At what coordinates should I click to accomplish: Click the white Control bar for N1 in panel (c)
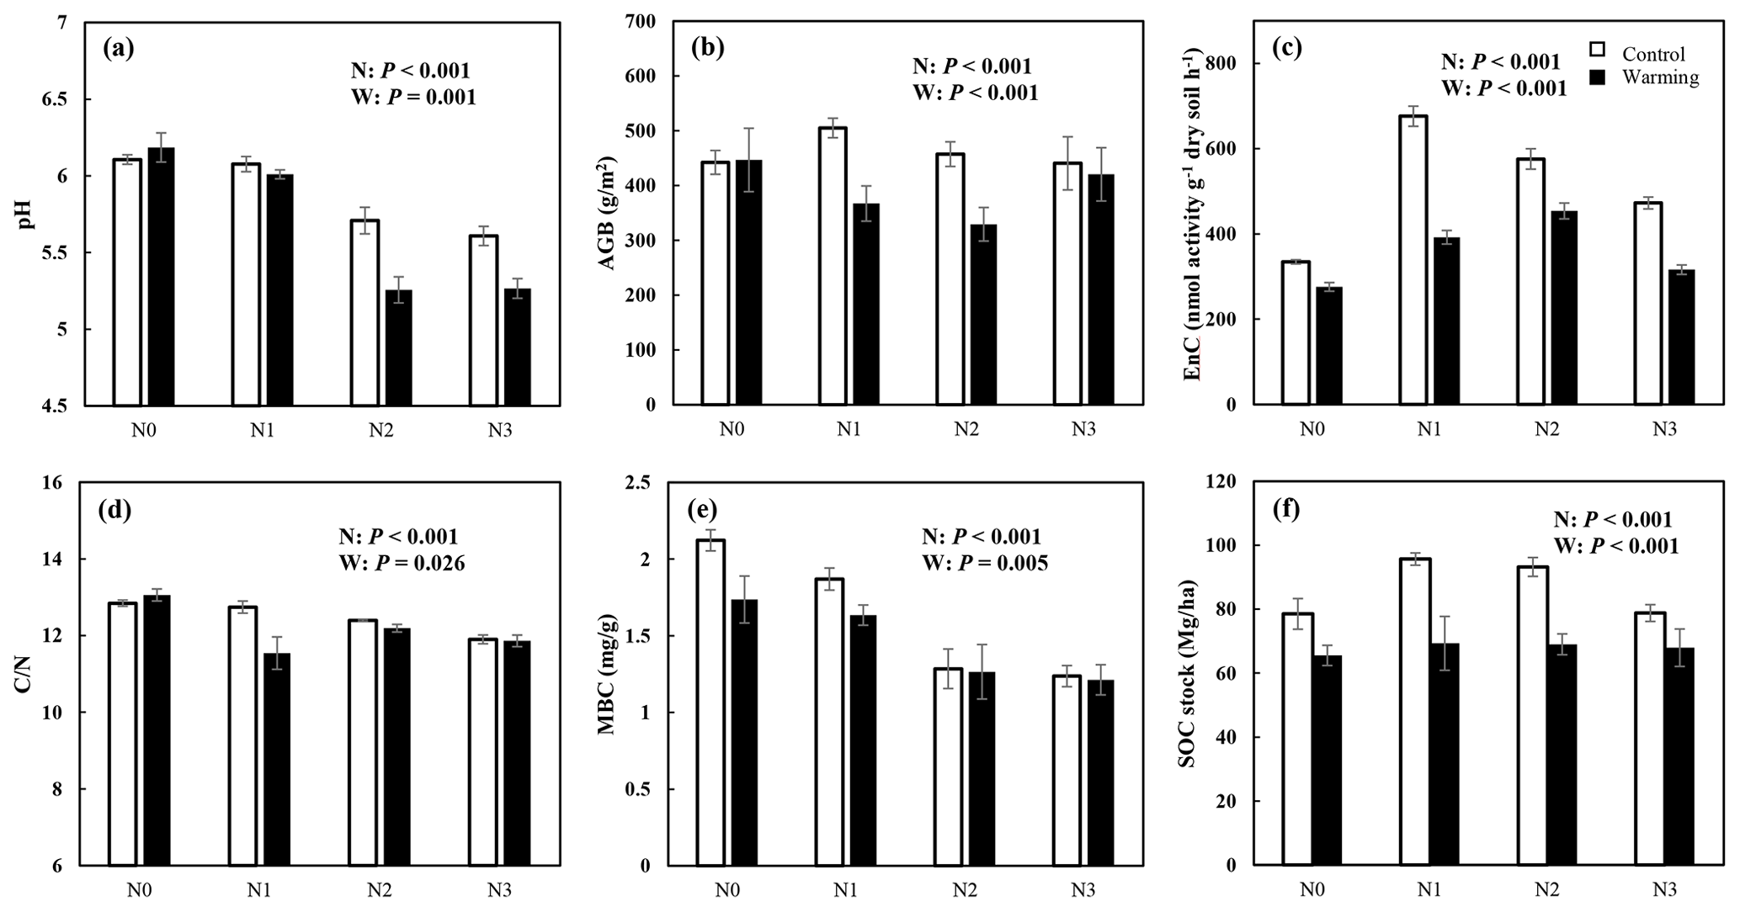[1414, 260]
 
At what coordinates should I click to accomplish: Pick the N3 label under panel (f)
[1663, 890]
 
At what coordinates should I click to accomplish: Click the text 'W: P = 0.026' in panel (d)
[402, 563]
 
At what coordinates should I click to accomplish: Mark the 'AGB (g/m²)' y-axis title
[607, 214]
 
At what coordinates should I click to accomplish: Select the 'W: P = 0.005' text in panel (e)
[985, 563]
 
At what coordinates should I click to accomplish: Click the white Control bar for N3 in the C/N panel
[483, 752]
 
